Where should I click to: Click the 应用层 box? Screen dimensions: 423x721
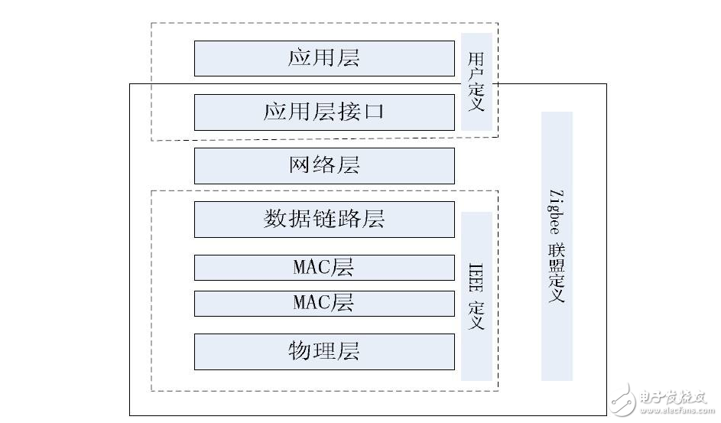[x=324, y=58]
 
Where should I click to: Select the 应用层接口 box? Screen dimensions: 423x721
[x=324, y=112]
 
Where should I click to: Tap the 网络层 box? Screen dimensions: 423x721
[x=324, y=166]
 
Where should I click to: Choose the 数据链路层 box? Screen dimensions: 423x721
[x=324, y=220]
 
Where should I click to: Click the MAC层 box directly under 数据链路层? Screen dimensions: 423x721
[x=324, y=268]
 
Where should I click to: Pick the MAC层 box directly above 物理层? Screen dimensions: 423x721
[x=324, y=303]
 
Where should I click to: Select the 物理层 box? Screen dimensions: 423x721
[x=324, y=351]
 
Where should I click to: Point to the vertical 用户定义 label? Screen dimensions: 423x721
[x=476, y=82]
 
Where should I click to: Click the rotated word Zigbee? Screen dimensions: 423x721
[x=556, y=211]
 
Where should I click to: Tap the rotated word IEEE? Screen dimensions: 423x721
[x=476, y=278]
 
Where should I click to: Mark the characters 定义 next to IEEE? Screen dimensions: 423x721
[x=476, y=315]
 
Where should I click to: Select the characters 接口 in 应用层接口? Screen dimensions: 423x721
[x=364, y=112]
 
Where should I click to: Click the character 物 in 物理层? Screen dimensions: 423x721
[x=300, y=351]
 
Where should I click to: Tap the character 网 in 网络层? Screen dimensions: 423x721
[x=300, y=166]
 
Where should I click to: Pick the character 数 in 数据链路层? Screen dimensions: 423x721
[x=275, y=220]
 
